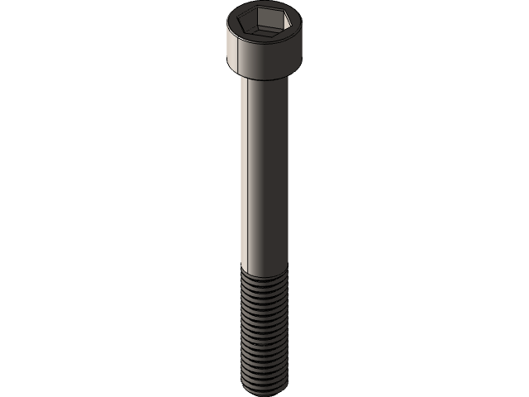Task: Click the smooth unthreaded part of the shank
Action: point(264,165)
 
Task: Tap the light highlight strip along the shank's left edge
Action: point(245,165)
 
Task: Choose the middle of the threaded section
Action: point(264,331)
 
